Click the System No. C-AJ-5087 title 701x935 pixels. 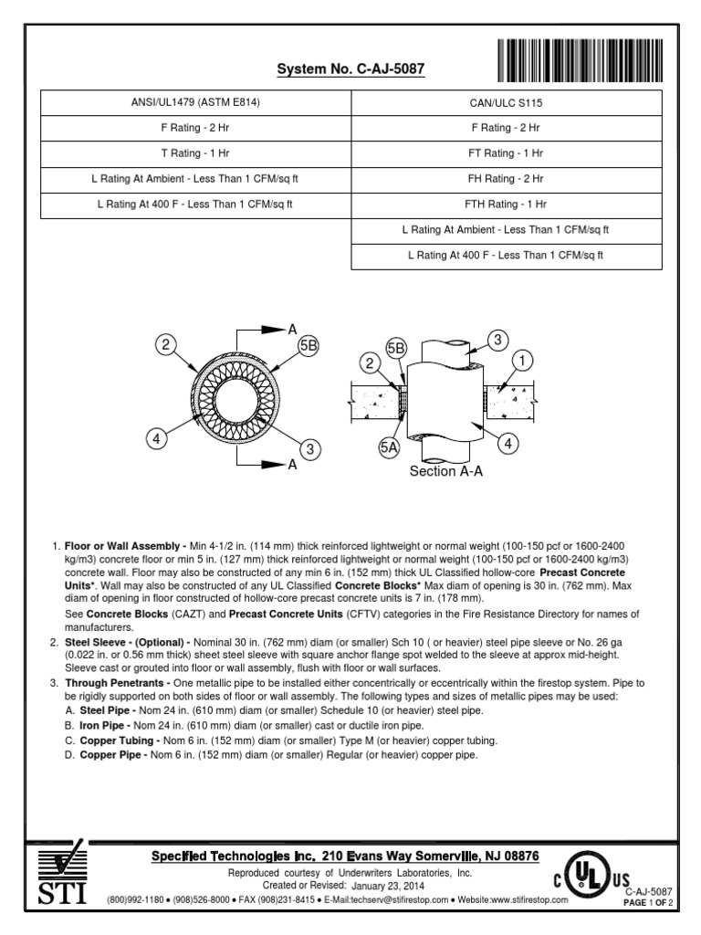(339, 70)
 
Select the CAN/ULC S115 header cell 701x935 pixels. (506, 103)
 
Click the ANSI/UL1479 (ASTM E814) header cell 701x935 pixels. (195, 102)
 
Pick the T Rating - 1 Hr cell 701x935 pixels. (195, 153)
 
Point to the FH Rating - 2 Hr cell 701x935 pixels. (506, 180)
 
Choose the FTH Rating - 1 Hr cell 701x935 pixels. (506, 205)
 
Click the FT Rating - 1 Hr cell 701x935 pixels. (506, 154)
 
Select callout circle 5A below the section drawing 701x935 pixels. (389, 447)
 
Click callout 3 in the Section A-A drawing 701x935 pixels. (497, 341)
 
